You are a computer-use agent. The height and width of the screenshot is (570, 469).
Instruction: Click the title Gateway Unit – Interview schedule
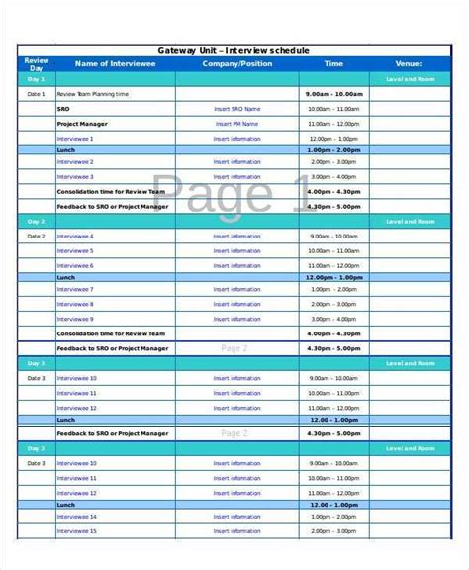point(234,50)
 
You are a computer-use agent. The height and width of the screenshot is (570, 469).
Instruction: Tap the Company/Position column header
point(237,63)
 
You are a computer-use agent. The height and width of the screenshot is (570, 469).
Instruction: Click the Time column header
point(334,63)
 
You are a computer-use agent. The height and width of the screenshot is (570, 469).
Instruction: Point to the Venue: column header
point(410,63)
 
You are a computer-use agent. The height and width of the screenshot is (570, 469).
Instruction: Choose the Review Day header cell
point(36,63)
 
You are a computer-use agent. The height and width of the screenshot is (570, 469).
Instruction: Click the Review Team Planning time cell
point(93,94)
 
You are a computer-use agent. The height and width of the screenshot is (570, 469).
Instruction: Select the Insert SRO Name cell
point(237,109)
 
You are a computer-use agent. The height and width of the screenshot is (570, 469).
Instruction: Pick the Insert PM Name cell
point(237,124)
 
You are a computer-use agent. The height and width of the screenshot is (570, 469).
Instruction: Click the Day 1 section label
point(36,78)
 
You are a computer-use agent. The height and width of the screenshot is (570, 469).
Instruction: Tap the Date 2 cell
point(36,237)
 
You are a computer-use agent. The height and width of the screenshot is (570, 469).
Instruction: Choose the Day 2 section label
point(36,222)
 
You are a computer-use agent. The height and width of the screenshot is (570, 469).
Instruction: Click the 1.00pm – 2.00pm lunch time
point(334,150)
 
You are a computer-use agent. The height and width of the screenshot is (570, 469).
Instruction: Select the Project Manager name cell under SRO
point(83,124)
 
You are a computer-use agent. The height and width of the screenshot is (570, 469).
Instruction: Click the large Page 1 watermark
point(234,193)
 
